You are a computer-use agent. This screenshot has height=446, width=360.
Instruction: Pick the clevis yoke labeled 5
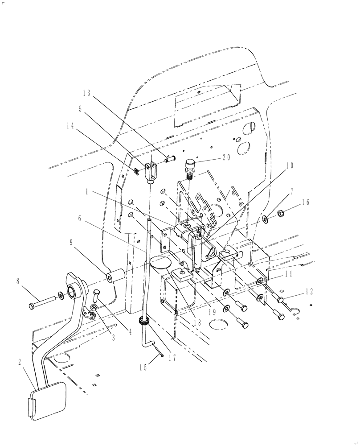(x=151, y=172)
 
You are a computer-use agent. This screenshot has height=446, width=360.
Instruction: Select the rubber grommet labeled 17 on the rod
(x=145, y=322)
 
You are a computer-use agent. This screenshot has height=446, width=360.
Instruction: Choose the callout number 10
(x=290, y=165)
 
